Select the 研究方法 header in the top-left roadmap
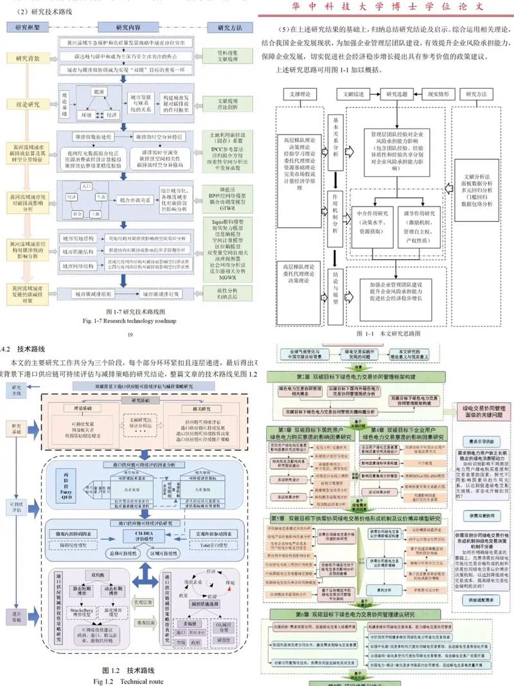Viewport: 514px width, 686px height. pos(229,28)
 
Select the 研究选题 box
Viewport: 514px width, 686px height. pos(397,94)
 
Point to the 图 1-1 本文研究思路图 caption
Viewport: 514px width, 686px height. pos(387,334)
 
